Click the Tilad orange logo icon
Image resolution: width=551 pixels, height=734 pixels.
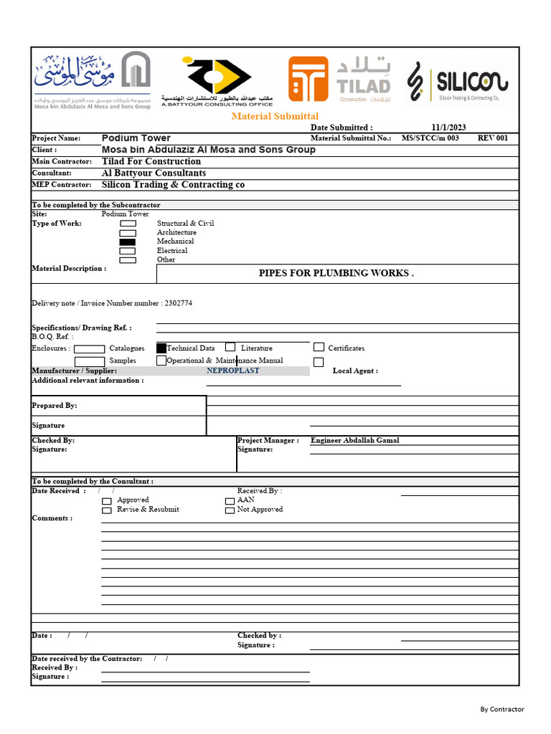pos(308,79)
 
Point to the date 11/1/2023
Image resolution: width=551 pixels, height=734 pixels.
pos(448,128)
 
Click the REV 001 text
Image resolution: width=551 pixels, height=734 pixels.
pos(492,138)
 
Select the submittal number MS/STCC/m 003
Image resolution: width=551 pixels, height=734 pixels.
pos(430,138)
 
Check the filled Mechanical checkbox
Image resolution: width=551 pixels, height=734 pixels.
pos(128,242)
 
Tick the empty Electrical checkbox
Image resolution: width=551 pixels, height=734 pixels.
pos(128,251)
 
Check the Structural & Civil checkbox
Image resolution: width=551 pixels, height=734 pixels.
pos(128,224)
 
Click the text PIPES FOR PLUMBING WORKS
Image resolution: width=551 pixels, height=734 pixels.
pos(336,273)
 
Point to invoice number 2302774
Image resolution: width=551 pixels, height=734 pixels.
pos(178,303)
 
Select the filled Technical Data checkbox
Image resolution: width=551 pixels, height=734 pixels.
pos(161,348)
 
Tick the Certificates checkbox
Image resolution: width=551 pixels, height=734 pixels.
pos(319,348)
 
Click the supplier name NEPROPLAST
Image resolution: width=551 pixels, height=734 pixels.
pos(233,371)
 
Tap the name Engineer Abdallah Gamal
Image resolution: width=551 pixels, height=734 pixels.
pos(354,440)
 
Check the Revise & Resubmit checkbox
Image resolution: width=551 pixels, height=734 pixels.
pos(107,510)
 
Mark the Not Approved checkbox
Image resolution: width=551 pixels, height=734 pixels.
pos(230,510)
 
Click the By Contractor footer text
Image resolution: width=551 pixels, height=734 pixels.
pos(501,710)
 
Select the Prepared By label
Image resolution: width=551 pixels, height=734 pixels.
pos(55,406)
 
